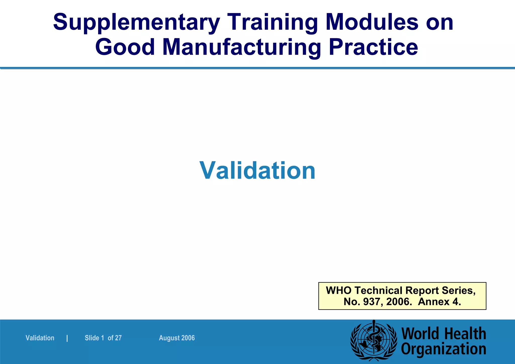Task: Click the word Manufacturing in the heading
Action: [242, 48]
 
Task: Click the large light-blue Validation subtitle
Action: [257, 171]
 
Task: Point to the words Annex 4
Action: [439, 302]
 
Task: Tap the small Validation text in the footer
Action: [40, 338]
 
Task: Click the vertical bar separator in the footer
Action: [67, 338]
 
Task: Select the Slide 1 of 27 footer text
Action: [103, 338]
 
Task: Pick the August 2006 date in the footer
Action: [177, 338]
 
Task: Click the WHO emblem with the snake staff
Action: [374, 340]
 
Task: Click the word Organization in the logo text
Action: [443, 349]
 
